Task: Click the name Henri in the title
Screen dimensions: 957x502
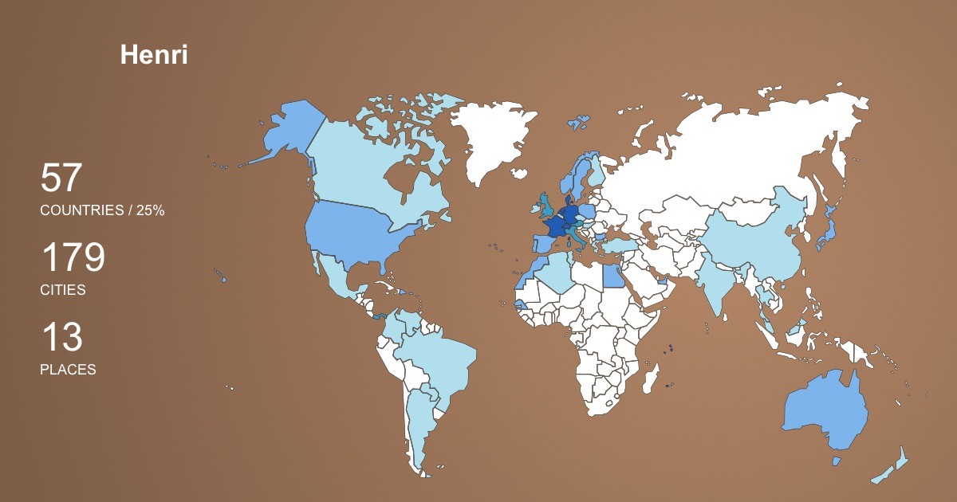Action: coord(154,55)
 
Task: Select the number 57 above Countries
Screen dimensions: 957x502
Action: coord(61,178)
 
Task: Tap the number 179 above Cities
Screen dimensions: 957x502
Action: coord(73,258)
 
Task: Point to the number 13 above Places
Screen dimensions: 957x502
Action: coord(61,338)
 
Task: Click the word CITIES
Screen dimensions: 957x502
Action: coord(63,290)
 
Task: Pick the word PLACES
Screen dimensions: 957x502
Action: coord(68,370)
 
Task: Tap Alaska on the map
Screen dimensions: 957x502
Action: coord(287,131)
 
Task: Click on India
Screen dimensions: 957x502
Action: coord(718,283)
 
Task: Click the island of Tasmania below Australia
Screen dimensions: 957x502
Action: coord(837,461)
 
